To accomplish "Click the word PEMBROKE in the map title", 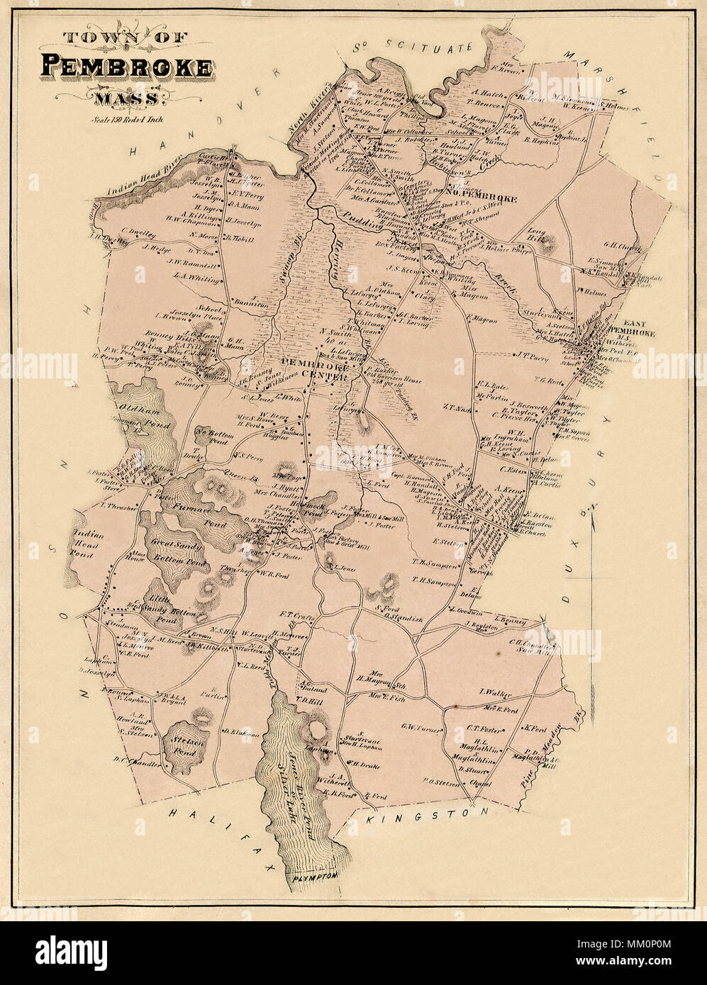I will pyautogui.click(x=127, y=67).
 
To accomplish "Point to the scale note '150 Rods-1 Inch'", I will pyautogui.click(x=128, y=119).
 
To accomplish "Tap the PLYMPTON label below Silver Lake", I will pyautogui.click(x=312, y=877).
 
